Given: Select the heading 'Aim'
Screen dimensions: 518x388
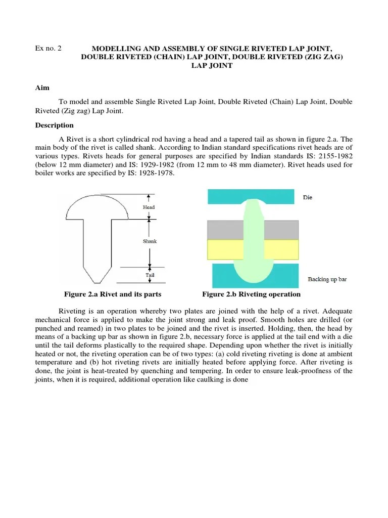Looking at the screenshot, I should [42, 88].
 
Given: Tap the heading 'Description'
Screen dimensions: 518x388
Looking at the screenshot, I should [54, 125].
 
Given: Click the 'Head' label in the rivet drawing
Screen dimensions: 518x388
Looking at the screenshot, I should [149, 207].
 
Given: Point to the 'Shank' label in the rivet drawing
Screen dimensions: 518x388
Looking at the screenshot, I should [150, 241].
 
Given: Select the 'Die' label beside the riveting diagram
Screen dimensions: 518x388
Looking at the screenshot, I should [307, 197].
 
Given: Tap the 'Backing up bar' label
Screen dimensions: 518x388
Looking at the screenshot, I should [327, 279].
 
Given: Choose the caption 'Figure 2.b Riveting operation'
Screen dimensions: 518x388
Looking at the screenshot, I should [251, 294].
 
